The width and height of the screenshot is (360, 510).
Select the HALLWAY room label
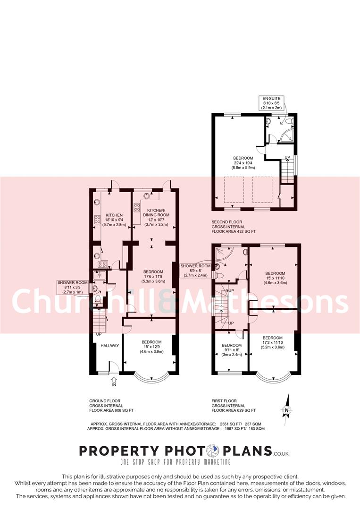tap(109, 346)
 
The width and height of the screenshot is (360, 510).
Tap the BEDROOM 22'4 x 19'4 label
tap(243, 163)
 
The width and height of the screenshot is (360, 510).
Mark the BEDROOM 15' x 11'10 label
tap(275, 278)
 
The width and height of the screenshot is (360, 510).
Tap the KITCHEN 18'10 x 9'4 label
tap(114, 220)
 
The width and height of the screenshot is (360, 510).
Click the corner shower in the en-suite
tap(285, 136)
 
